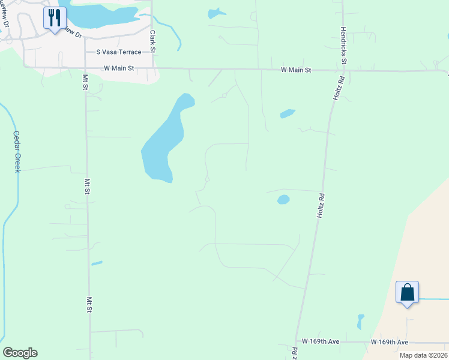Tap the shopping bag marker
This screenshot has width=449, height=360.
tap(407, 293)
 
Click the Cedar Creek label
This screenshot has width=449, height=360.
tap(17, 152)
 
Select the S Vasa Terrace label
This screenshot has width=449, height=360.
tap(114, 52)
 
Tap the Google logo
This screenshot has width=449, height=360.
tap(20, 353)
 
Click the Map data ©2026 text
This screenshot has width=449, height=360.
tap(423, 355)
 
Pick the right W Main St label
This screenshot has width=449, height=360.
tap(297, 70)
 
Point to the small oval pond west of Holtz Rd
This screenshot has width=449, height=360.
tap(283, 200)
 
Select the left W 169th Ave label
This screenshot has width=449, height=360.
tap(321, 341)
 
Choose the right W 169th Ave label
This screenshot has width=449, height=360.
tap(389, 341)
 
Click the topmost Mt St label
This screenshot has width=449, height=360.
tap(85, 82)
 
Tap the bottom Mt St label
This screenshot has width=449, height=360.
tap(88, 305)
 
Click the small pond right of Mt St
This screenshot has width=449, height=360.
tap(96, 263)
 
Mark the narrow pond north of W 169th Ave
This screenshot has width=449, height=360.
tap(360, 322)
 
